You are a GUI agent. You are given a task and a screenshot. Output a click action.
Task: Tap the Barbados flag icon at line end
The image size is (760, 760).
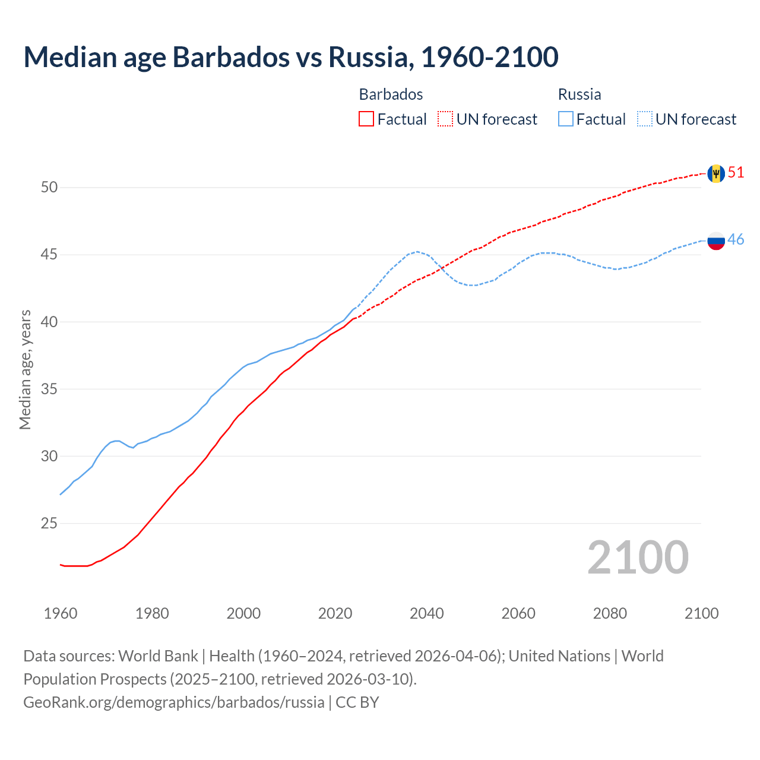[x=715, y=173]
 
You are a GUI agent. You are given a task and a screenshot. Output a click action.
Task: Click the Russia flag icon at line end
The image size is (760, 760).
[x=716, y=240]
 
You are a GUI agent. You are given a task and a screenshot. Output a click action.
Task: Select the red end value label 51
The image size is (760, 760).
[x=736, y=173]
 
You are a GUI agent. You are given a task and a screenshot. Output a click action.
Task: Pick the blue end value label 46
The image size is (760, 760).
[x=736, y=240]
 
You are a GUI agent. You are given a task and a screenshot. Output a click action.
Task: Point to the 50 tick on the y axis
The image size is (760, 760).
[x=49, y=188]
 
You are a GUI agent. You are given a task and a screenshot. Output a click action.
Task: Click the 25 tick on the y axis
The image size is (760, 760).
[x=49, y=524]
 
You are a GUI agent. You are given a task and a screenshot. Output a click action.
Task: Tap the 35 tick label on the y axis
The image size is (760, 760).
[x=49, y=389]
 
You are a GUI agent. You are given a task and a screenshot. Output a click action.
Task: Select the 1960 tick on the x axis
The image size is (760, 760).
[x=61, y=613]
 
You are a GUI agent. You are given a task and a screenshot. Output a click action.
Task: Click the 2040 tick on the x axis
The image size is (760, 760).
[x=427, y=613]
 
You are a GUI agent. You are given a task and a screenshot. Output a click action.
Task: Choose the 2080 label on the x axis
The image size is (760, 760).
[x=610, y=613]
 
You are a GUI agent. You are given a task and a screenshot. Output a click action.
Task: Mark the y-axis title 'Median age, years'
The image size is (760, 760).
[x=25, y=369]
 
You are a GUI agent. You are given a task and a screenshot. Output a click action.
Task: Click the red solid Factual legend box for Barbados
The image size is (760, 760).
[x=366, y=119]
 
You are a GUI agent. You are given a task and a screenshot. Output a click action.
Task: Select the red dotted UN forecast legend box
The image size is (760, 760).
[x=445, y=119]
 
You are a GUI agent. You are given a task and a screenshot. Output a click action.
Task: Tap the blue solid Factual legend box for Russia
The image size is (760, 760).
[x=566, y=119]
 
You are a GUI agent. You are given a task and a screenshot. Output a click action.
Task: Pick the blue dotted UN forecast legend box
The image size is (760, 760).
[x=645, y=119]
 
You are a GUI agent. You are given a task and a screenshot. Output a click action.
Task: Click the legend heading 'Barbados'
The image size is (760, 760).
[x=391, y=94]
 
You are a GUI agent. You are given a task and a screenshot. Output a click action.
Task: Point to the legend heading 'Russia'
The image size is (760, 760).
[x=579, y=94]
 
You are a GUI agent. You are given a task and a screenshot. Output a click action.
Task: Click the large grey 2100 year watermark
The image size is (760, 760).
[x=638, y=558]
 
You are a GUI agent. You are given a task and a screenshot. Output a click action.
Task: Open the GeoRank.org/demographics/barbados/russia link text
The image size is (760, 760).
[x=174, y=702]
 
